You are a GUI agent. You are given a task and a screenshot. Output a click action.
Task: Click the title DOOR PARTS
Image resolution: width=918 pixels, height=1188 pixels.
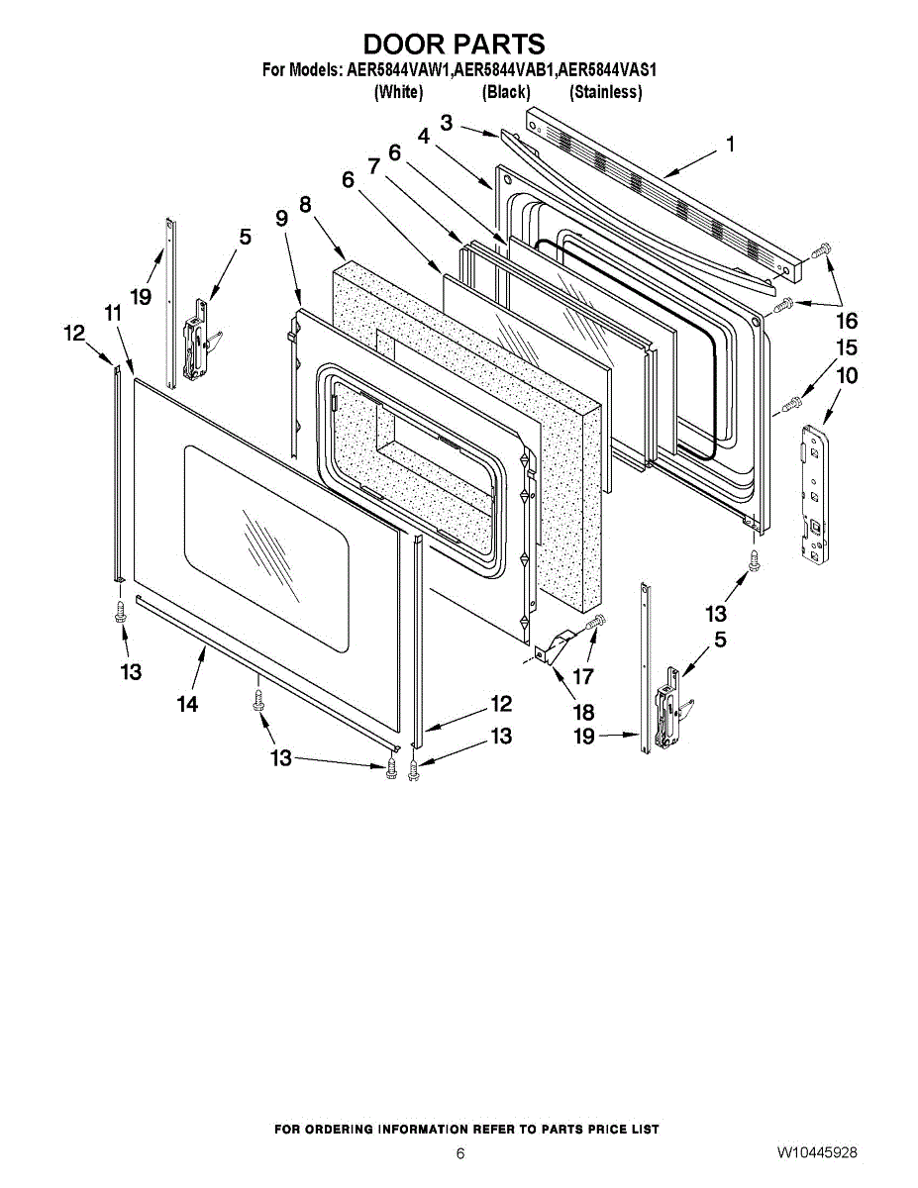click(454, 45)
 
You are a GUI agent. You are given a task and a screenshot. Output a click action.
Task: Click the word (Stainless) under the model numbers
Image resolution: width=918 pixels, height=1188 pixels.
click(606, 92)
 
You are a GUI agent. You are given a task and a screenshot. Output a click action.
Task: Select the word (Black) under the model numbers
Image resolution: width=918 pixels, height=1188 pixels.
click(506, 92)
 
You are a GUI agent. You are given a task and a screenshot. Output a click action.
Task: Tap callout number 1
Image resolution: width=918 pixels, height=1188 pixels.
click(730, 145)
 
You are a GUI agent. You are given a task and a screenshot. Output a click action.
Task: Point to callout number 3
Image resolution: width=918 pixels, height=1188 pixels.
click(447, 123)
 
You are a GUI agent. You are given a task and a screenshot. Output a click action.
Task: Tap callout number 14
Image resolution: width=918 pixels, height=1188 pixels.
click(187, 704)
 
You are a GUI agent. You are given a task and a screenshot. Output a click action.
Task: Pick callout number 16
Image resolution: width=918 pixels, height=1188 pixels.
click(847, 321)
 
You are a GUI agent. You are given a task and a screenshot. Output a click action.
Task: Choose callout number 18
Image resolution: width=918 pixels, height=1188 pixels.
click(583, 712)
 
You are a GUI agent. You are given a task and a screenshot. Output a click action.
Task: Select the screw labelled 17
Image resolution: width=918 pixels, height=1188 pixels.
click(597, 623)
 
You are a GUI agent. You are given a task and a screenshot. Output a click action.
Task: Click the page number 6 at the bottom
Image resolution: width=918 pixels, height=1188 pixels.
click(460, 1154)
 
